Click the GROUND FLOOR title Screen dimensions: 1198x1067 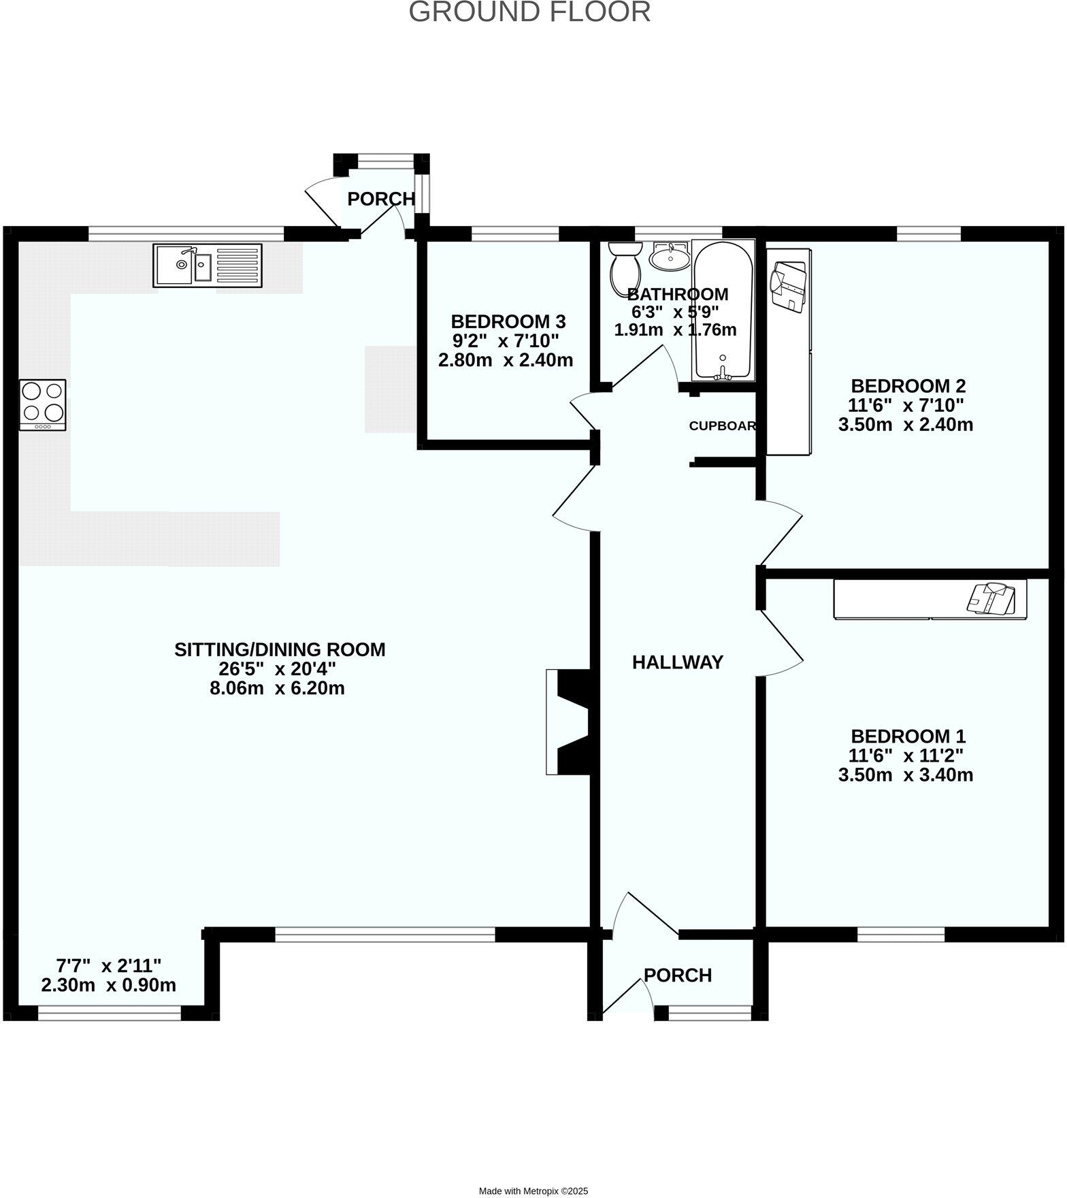tap(529, 12)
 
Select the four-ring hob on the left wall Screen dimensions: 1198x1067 tap(43, 404)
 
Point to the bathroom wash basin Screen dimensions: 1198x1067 tap(670, 257)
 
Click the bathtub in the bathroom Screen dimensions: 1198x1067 tap(723, 310)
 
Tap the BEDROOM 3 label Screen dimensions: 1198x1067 tap(508, 321)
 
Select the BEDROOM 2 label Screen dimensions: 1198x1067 tap(908, 386)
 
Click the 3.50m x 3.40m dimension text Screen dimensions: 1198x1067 tap(905, 775)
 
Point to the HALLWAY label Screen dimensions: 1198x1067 tap(677, 662)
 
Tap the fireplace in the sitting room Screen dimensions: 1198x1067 tap(570, 722)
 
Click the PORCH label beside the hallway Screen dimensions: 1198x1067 tap(678, 975)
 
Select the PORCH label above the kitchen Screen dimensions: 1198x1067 tap(381, 199)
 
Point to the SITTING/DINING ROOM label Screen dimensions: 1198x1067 tap(280, 649)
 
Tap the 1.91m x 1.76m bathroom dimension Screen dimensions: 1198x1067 tap(675, 330)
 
